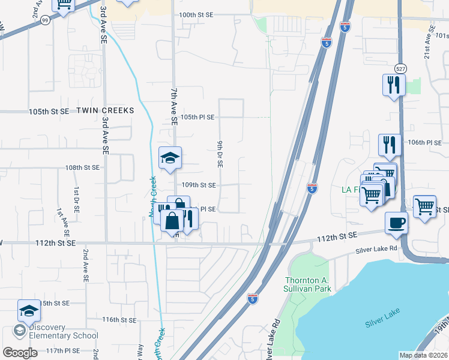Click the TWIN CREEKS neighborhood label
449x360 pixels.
[104, 111]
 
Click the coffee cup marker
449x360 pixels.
[396, 223]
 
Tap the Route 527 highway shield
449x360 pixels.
[400, 68]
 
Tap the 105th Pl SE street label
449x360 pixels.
[197, 117]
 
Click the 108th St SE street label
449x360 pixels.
[82, 168]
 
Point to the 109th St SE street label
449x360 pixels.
[199, 185]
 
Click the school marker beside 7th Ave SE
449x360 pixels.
[170, 158]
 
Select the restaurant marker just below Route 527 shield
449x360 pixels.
[394, 85]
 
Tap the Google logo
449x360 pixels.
[20, 353]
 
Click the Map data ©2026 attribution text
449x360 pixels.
[423, 355]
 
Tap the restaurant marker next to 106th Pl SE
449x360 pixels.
[390, 145]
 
